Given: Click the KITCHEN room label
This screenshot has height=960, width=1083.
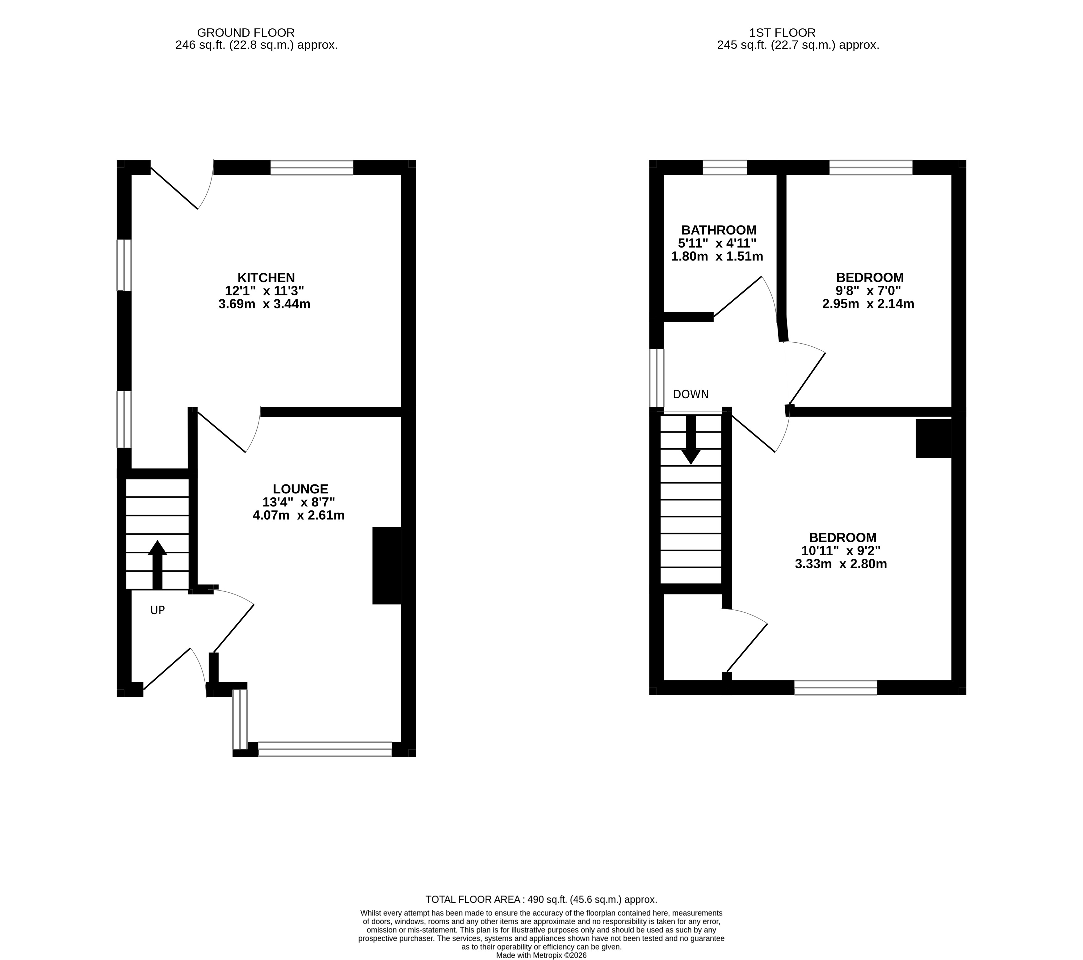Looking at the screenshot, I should pyautogui.click(x=266, y=277).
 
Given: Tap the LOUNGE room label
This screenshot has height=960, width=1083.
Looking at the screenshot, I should pyautogui.click(x=300, y=489).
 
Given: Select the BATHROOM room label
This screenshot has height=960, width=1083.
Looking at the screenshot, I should pyautogui.click(x=719, y=230).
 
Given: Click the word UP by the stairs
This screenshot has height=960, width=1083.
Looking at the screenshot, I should pyautogui.click(x=157, y=610).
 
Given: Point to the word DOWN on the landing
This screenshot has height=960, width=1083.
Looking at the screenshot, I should pyautogui.click(x=691, y=394).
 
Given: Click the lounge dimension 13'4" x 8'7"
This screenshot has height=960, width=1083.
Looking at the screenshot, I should pyautogui.click(x=298, y=502).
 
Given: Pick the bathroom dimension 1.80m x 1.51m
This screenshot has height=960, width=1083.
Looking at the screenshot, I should pyautogui.click(x=717, y=256).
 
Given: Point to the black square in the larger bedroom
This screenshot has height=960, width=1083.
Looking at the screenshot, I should pyautogui.click(x=934, y=438).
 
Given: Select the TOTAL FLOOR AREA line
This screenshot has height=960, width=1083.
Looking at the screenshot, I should pyautogui.click(x=541, y=899).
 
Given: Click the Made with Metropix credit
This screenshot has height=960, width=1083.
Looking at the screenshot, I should pyautogui.click(x=541, y=955).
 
